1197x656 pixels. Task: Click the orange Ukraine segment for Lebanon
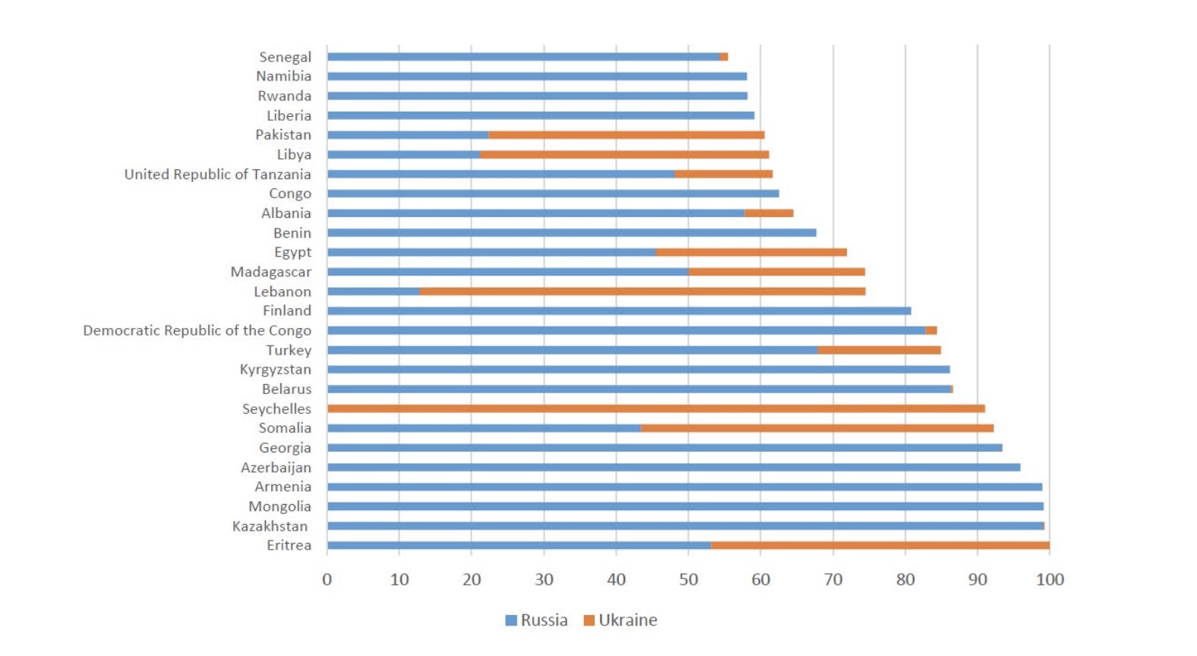(x=642, y=292)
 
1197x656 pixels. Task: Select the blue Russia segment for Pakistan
(x=408, y=135)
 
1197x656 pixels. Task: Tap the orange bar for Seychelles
(x=656, y=408)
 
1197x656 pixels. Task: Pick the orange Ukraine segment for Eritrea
(x=880, y=545)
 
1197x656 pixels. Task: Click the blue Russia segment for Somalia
(x=484, y=428)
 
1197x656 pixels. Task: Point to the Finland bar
(x=619, y=311)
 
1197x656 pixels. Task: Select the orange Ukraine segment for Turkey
(x=879, y=350)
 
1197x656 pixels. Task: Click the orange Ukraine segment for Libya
(x=624, y=155)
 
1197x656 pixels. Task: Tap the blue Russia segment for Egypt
(x=491, y=252)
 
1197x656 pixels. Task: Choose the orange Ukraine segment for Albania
(x=769, y=213)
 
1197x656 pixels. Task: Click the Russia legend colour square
(x=511, y=620)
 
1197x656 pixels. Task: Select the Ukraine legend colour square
(x=589, y=620)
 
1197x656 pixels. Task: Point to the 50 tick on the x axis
(x=688, y=580)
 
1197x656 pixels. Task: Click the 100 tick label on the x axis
(x=1050, y=580)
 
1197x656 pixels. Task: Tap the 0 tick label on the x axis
(x=327, y=580)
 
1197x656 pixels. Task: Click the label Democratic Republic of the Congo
(x=197, y=330)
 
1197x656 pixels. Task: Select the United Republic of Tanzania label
(x=217, y=174)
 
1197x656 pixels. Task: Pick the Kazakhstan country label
(x=270, y=526)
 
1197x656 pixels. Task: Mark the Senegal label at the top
(x=285, y=57)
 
